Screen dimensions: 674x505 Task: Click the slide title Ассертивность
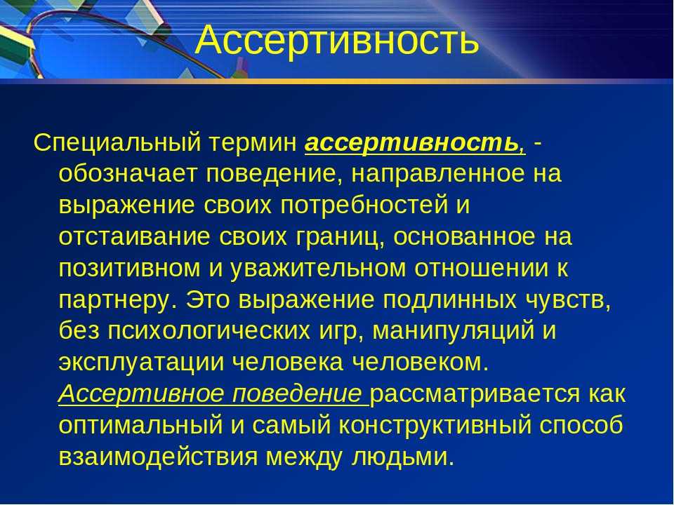point(336,40)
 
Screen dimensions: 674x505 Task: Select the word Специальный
point(117,142)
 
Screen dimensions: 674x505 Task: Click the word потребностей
point(364,206)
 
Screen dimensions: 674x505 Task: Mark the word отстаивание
point(135,236)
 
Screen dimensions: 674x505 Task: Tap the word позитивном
point(129,268)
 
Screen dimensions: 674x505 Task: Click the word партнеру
point(118,300)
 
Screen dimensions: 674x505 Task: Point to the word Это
point(208,299)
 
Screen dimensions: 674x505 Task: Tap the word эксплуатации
point(141,363)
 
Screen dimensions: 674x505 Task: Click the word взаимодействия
point(158,457)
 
